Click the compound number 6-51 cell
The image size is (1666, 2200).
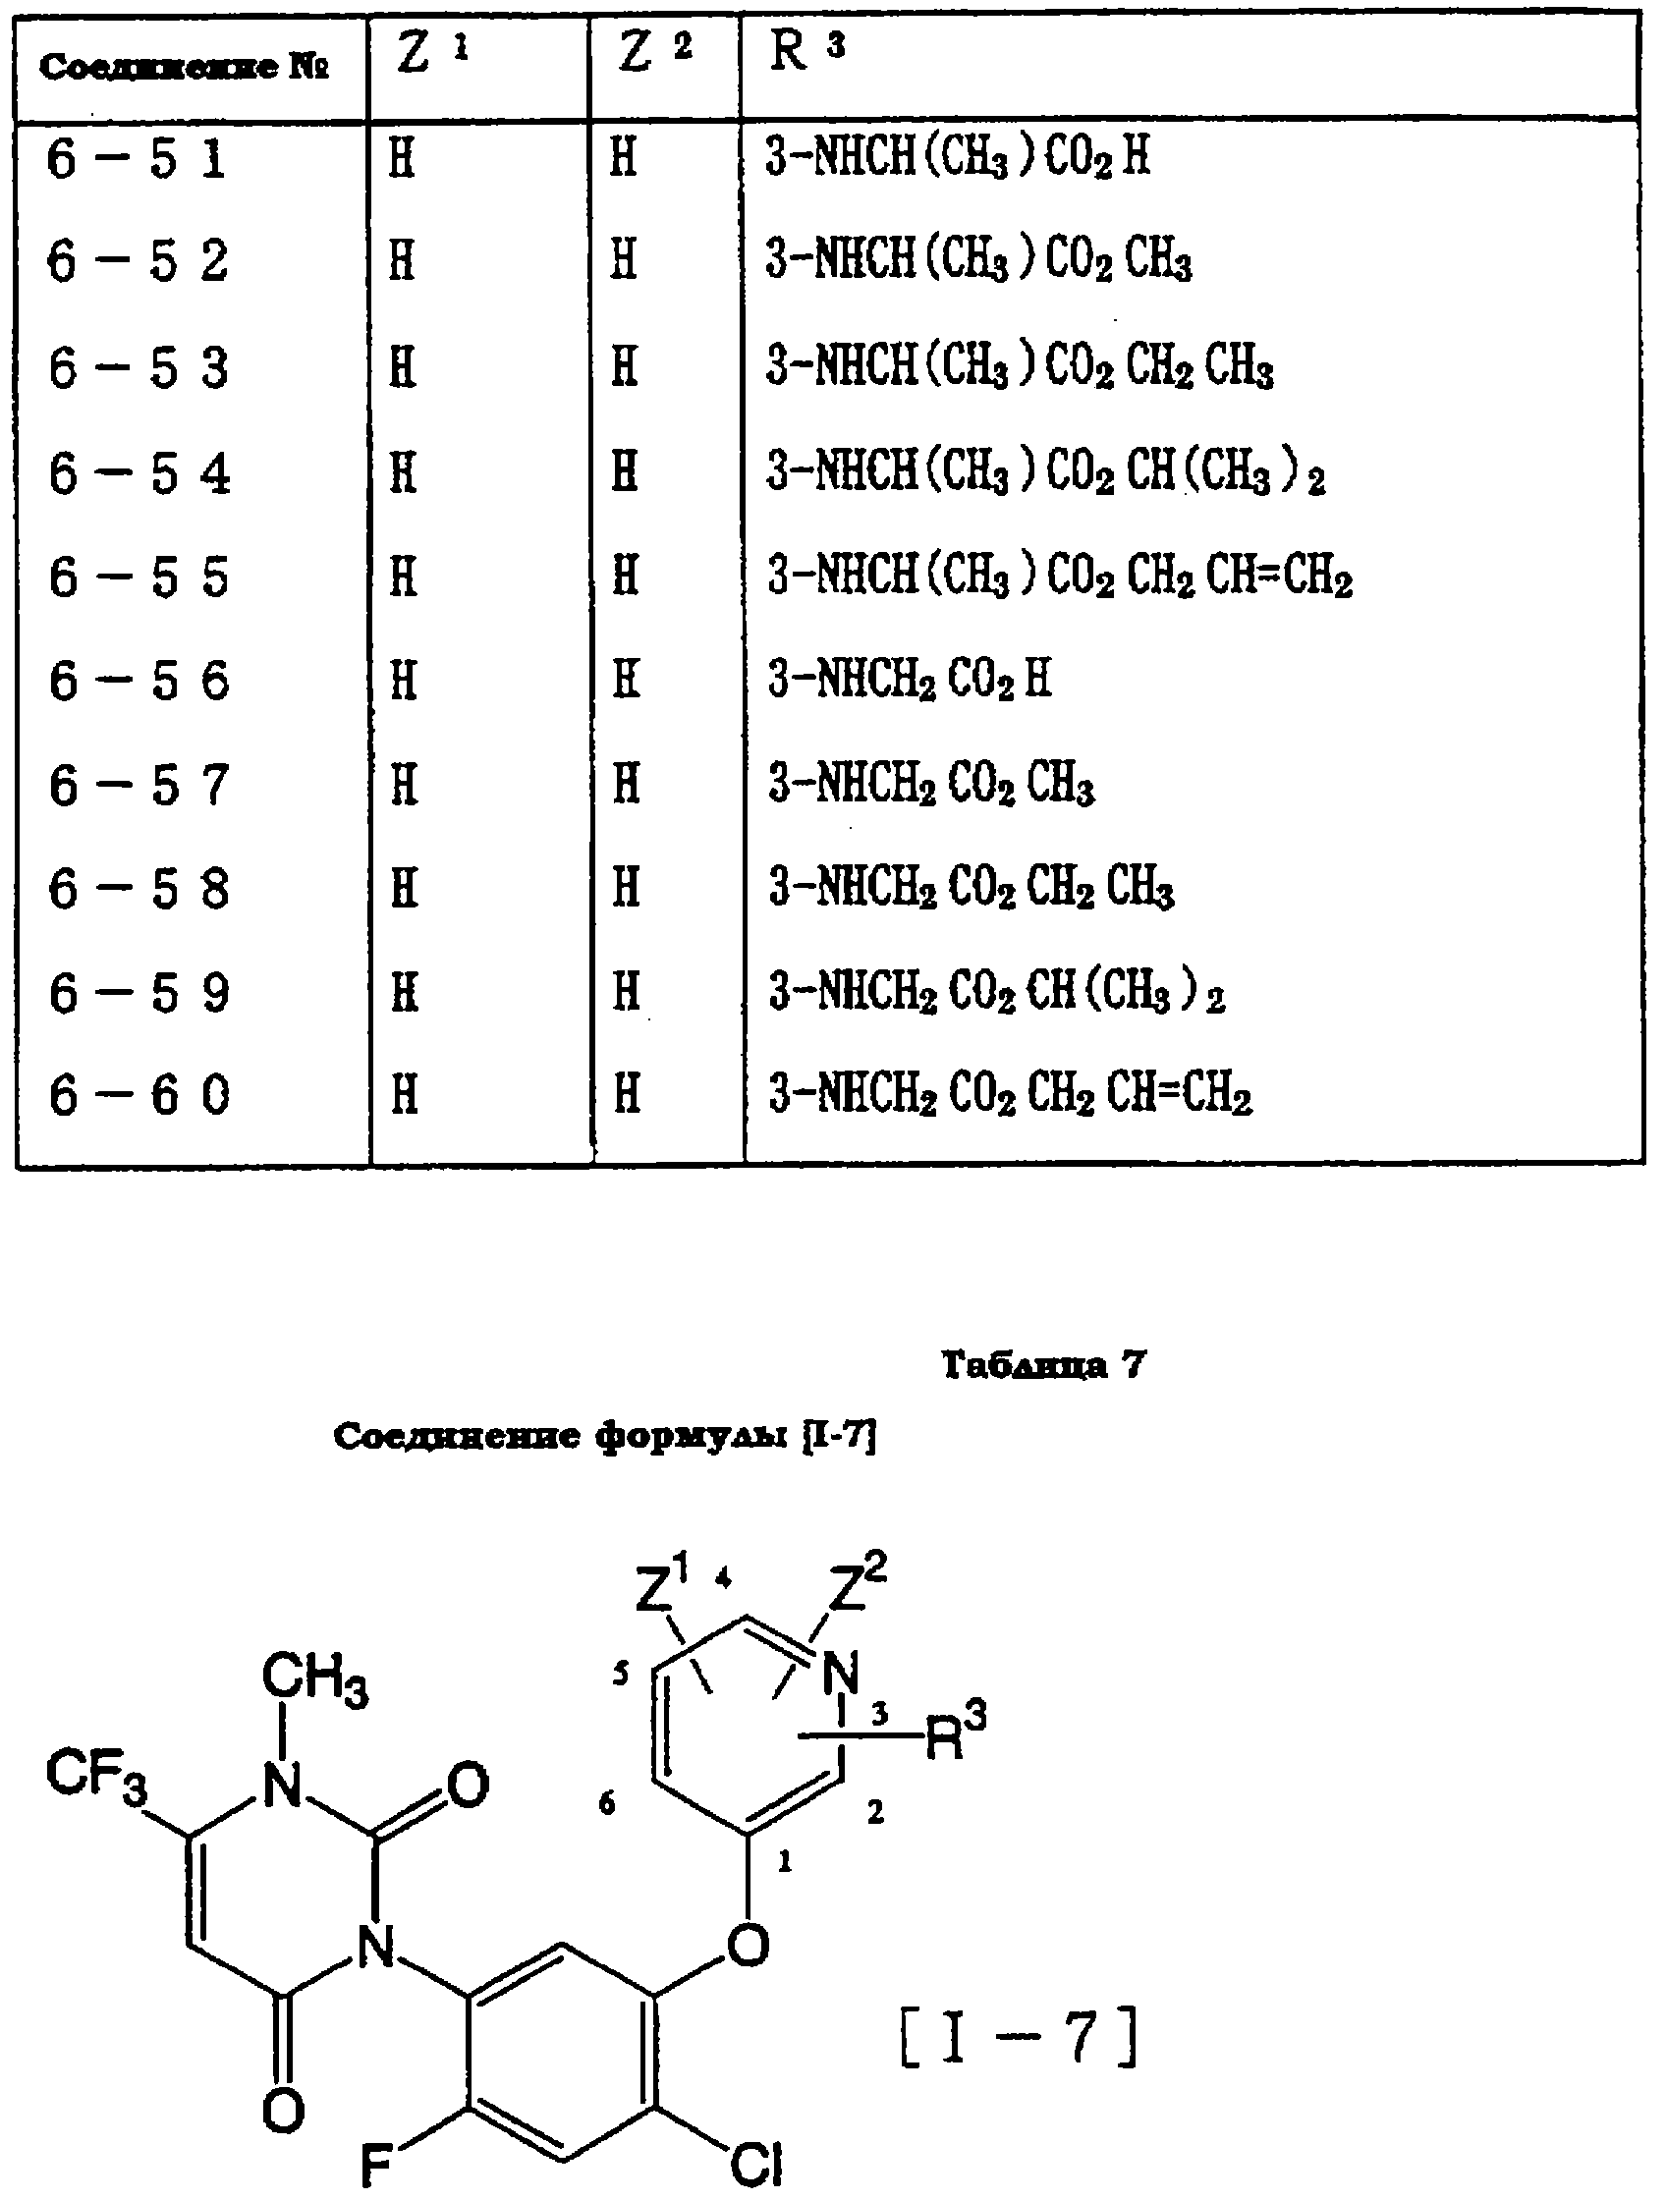(x=137, y=158)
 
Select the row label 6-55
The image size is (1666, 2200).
(x=139, y=577)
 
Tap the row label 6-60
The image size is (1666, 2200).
(x=139, y=1095)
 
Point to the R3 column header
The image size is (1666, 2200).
(x=806, y=52)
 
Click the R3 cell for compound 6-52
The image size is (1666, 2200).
(x=977, y=260)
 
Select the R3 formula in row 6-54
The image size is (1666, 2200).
(x=1045, y=470)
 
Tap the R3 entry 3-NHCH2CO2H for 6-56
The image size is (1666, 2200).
(x=909, y=681)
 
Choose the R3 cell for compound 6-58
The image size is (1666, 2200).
(x=971, y=887)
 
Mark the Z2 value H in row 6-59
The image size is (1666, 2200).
(x=626, y=992)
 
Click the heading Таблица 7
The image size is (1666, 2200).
(x=1043, y=1364)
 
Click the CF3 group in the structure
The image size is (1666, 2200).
(x=96, y=1776)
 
